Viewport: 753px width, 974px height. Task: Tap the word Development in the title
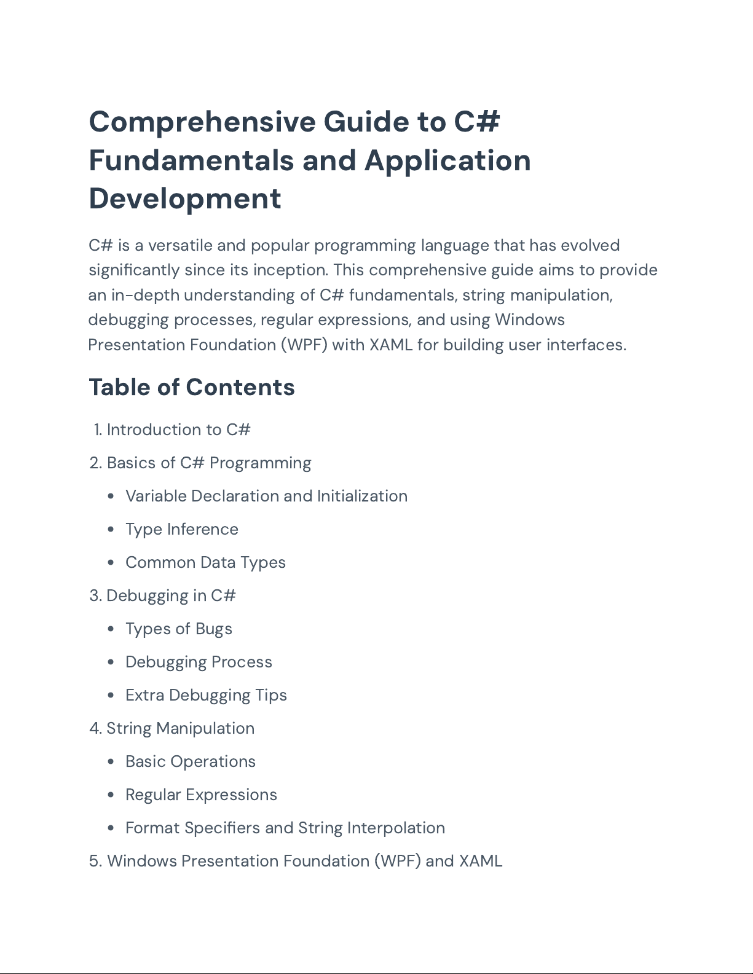[185, 198]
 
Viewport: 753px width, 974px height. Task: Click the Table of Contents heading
[192, 387]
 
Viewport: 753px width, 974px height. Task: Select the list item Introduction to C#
[178, 430]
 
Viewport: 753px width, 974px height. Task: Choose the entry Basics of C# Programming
[209, 463]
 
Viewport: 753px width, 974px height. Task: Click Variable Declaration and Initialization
[266, 496]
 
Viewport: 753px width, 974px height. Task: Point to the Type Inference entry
[181, 529]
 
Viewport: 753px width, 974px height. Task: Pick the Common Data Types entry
[205, 562]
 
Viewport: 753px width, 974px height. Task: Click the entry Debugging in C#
[171, 595]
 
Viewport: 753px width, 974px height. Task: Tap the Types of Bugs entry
[178, 629]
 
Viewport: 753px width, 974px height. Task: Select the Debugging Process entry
[199, 662]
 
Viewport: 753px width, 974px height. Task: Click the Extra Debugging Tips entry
[206, 695]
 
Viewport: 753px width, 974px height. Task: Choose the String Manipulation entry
[180, 728]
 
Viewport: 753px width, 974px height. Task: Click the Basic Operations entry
[190, 761]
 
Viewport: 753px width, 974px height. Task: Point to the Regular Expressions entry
[201, 795]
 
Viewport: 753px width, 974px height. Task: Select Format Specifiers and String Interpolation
[285, 828]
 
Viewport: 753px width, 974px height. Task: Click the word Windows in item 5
[141, 861]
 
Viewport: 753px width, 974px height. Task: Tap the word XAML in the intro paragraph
[390, 345]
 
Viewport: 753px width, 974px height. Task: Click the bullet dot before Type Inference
[111, 530]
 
